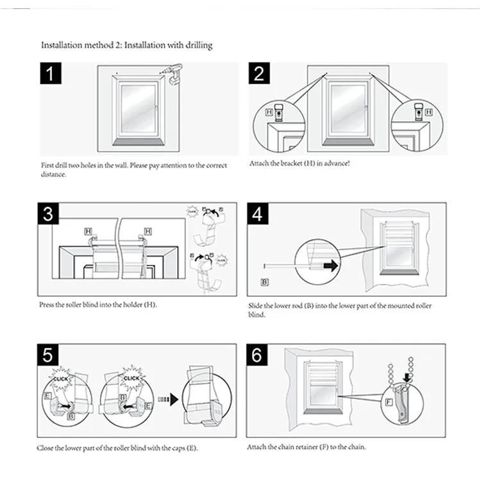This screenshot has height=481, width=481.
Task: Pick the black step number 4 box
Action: [x=258, y=215]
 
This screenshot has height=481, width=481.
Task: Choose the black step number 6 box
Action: [x=258, y=355]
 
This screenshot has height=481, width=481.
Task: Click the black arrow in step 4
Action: [x=330, y=264]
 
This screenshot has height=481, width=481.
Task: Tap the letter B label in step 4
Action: [x=265, y=282]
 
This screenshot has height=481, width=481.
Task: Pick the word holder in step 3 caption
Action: [x=129, y=304]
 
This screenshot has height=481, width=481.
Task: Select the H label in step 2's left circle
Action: [x=269, y=112]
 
